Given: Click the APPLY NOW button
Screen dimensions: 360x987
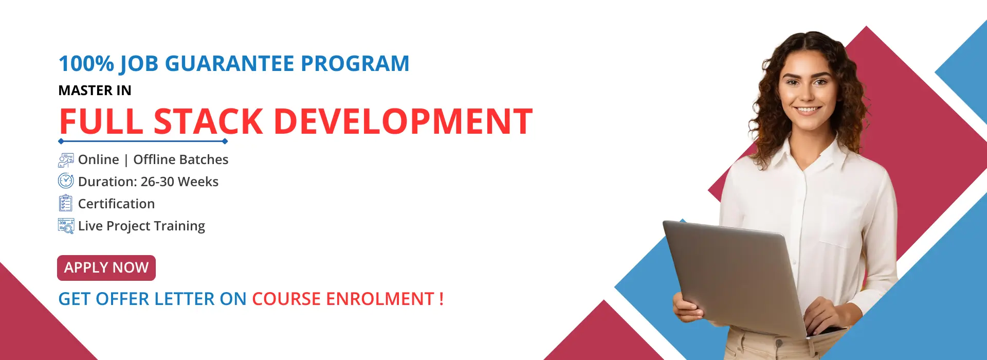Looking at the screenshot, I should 106,268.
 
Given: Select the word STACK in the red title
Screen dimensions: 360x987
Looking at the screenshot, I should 208,122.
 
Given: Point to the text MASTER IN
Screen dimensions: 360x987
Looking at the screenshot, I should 95,91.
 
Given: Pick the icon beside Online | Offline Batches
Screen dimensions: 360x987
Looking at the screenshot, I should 66,160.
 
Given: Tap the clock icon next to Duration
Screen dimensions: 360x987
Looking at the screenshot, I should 66,181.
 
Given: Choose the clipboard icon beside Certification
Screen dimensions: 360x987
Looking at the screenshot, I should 65,204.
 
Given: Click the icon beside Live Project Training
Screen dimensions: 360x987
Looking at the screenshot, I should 66,226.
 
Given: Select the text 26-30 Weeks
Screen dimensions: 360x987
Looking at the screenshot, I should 179,182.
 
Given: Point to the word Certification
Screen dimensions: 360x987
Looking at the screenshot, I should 116,204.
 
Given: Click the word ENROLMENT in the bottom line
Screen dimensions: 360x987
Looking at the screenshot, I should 380,299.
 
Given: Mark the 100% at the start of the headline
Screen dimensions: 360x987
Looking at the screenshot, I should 86,64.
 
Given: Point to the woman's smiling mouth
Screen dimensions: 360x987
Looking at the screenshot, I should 808,110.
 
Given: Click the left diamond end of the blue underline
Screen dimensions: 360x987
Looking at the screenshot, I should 61,141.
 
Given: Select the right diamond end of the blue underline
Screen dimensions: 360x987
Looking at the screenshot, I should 225,141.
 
